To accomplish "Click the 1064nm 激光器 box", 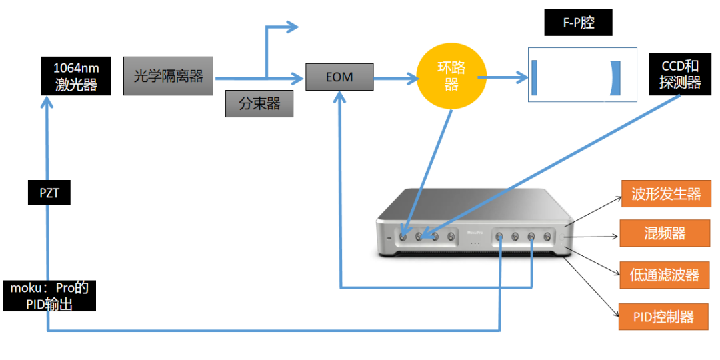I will pos(75,76).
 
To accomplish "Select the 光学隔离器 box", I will pos(169,76).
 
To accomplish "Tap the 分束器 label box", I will pos(259,103).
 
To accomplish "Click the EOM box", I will pos(339,77).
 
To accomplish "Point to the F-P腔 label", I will pos(578,23).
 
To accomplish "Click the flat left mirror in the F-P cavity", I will pos(534,77).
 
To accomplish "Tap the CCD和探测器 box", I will pos(680,74).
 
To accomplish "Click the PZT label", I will pos(49,194).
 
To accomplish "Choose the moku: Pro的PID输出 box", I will pos(49,296).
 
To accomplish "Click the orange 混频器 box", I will pos(664,233).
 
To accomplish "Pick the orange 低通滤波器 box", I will pos(665,275).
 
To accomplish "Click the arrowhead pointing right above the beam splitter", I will pos(291,27).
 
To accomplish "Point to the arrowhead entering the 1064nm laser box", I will pos(47,102).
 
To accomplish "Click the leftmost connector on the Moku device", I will pos(402,237).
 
